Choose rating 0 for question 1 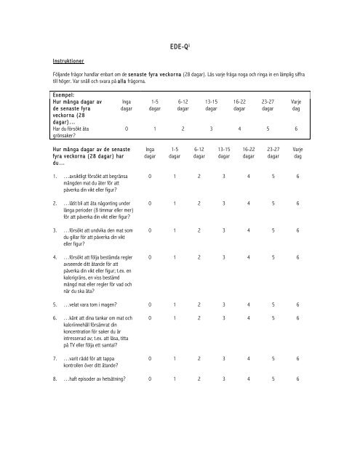coord(149,176)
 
